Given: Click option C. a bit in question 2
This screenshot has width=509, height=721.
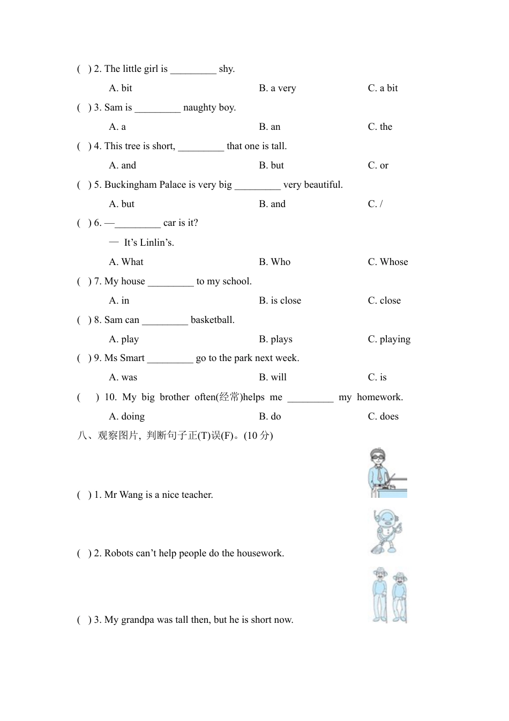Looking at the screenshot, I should tap(383, 88).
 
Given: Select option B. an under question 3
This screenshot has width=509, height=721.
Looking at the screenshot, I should tap(270, 127).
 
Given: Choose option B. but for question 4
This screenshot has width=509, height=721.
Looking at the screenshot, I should tap(271, 165).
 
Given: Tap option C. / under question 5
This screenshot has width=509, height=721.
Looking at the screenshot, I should tap(375, 204).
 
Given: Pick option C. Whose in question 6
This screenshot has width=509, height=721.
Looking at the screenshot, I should tap(388, 262).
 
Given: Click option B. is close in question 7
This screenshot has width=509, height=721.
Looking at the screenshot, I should tap(280, 300).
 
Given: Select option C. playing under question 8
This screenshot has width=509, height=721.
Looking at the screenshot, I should tap(389, 339).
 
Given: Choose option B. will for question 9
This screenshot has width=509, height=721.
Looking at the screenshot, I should tap(273, 377).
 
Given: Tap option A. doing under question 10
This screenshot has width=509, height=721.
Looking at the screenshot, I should tap(126, 416).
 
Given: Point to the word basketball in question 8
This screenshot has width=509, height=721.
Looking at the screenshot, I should tap(213, 320).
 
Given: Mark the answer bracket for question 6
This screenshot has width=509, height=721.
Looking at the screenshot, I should tap(84, 223).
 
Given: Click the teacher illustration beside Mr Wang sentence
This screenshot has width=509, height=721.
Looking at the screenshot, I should tap(387, 473).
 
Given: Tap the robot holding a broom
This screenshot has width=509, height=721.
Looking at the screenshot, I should tap(386, 532).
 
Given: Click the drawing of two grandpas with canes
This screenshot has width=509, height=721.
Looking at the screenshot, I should tap(390, 595).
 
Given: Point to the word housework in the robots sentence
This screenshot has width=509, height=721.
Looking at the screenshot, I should tap(259, 553).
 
